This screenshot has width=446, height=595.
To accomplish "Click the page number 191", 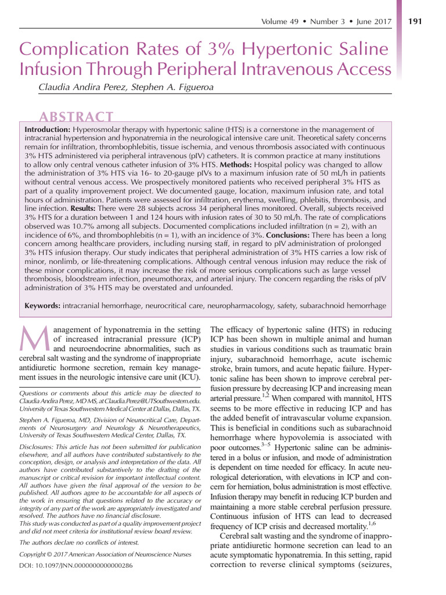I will coord(416,21).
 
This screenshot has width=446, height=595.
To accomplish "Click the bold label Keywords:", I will coord(42,306).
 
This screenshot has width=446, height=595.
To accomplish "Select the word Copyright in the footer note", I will coord(38,554).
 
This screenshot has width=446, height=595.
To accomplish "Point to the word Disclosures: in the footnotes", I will coord(41,446).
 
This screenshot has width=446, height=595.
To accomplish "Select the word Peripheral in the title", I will coord(184,70).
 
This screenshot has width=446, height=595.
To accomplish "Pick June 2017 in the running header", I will coord(373,21).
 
